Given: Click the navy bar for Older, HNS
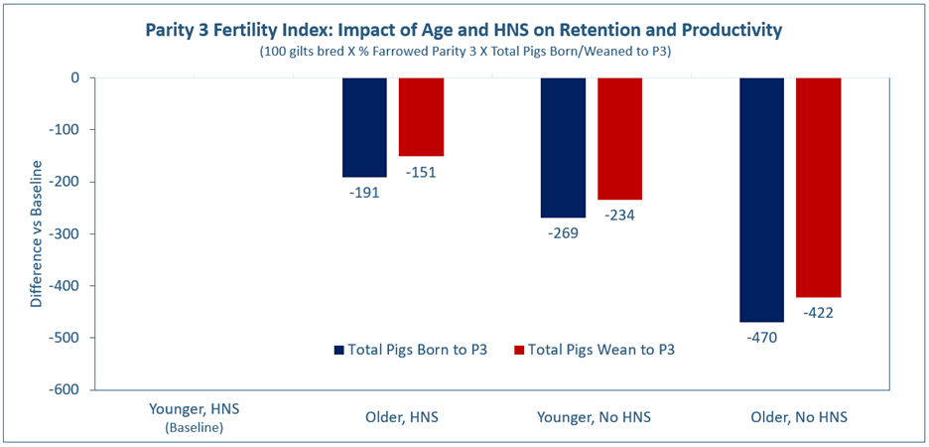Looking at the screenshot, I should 364,127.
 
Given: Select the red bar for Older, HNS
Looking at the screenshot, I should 421,117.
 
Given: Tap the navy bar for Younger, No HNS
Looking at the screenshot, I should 563,147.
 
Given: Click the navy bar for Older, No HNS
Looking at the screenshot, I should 762,200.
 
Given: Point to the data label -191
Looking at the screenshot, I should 364,193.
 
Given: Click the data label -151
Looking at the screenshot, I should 421,172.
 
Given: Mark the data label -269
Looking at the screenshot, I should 563,233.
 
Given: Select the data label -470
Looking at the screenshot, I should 762,338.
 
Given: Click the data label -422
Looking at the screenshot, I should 819,313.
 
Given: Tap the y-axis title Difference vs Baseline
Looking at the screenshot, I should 37,232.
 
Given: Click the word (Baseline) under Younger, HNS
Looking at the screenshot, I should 194,428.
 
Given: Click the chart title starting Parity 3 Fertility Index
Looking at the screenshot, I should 464,30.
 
